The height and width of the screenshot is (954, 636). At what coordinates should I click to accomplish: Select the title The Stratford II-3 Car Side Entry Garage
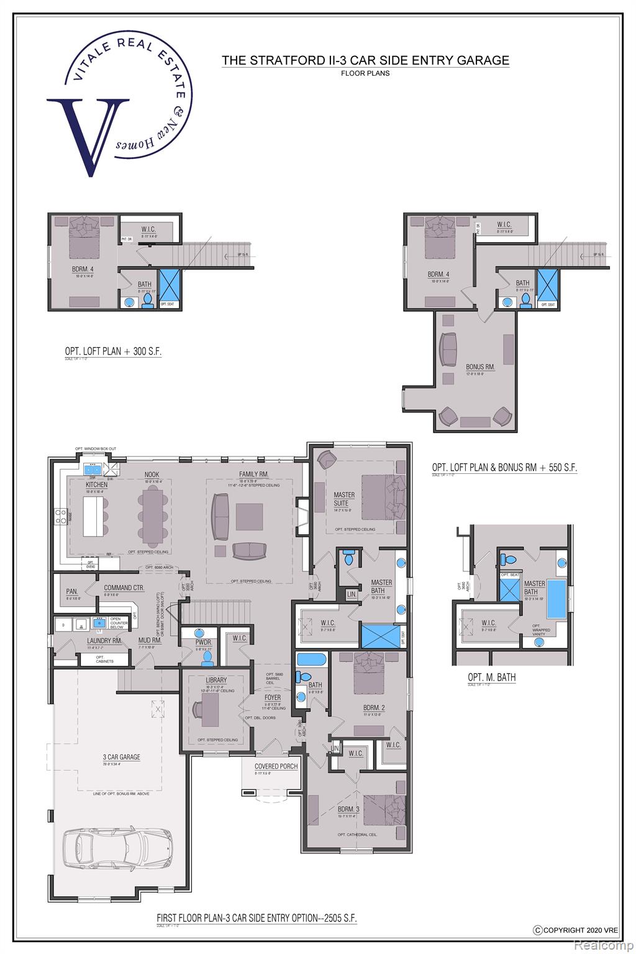tap(366, 60)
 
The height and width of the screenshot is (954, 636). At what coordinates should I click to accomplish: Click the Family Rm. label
tap(253, 475)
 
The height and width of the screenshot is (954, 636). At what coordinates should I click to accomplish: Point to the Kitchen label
tap(96, 484)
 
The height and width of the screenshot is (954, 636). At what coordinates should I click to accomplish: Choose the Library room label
tap(216, 680)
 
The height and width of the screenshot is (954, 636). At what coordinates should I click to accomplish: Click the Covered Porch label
tap(276, 766)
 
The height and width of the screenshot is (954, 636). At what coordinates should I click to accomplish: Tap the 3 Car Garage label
tap(121, 757)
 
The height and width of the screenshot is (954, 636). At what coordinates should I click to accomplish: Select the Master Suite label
tap(344, 499)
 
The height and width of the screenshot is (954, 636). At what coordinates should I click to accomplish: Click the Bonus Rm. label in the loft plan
tap(480, 366)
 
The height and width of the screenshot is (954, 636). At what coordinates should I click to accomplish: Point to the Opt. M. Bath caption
tap(492, 677)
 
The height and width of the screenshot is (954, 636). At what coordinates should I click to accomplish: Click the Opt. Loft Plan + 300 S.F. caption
tap(113, 352)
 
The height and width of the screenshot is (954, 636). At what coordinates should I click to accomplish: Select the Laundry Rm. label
tap(87, 640)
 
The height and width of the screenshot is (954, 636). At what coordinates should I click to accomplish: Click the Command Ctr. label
tap(124, 588)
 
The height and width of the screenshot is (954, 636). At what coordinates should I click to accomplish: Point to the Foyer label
tap(272, 697)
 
